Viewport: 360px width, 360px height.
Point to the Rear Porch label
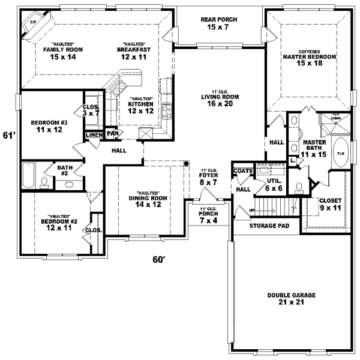pos(219,24)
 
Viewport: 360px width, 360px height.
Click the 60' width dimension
pos(158,260)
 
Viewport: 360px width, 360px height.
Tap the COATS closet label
pos(243,171)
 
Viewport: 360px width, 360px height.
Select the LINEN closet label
pos(94,135)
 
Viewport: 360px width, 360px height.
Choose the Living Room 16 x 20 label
pos(219,100)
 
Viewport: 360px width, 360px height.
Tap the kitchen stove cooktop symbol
pos(167,110)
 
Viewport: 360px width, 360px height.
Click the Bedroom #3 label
pos(50,125)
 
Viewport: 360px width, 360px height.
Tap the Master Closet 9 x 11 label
pos(330,205)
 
